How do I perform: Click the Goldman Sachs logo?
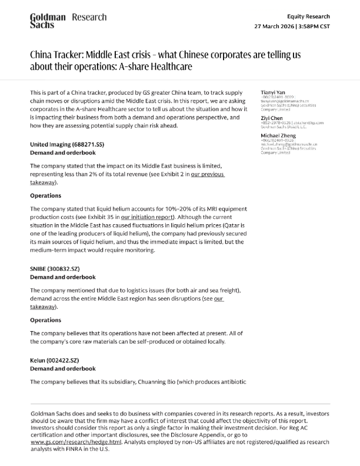pyautogui.click(x=48, y=22)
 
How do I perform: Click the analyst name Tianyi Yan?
pyautogui.click(x=272, y=92)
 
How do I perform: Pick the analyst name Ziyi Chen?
pyautogui.click(x=272, y=118)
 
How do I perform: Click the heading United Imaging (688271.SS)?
pyautogui.click(x=68, y=144)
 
